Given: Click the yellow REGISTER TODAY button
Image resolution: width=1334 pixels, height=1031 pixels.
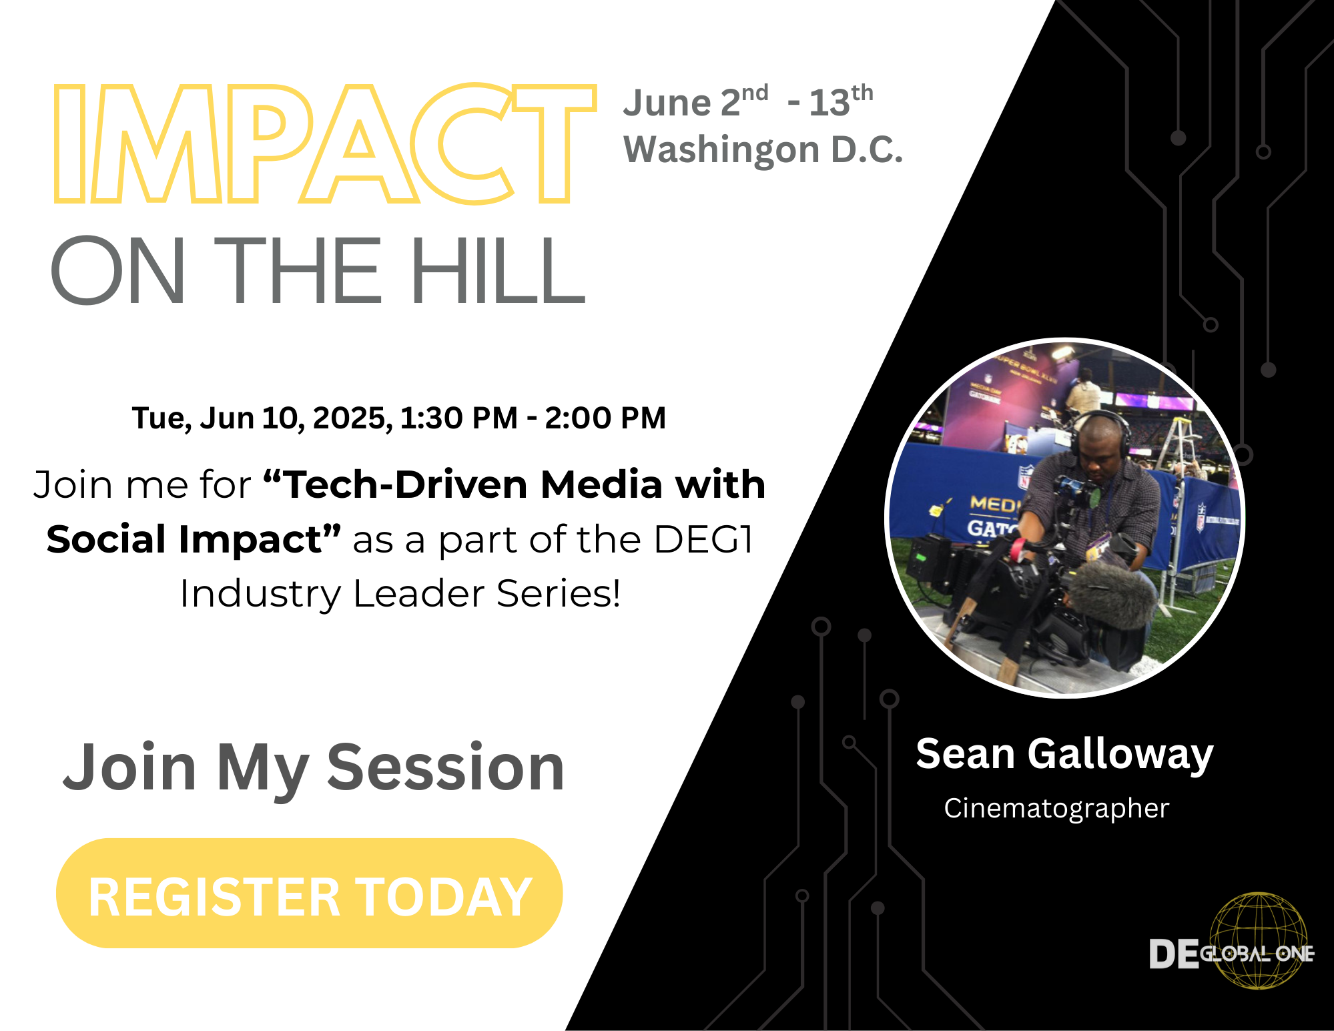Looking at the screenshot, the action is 309,893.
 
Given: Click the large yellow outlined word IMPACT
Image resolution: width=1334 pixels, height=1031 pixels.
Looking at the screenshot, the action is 325,143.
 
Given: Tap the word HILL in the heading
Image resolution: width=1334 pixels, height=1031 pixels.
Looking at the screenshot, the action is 498,270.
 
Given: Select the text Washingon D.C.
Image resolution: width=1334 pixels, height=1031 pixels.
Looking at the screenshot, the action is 763,150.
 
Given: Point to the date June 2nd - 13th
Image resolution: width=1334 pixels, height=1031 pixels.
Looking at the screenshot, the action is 748,101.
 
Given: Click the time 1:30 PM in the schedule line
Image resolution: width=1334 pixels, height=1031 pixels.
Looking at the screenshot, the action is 458,418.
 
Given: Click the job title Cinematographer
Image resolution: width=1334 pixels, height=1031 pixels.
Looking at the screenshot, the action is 1056,809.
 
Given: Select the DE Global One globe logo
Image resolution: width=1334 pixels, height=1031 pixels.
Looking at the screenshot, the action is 1231,942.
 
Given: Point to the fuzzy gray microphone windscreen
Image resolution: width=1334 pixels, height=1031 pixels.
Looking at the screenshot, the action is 1111,593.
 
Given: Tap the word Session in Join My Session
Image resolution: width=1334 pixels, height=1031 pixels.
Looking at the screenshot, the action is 446,767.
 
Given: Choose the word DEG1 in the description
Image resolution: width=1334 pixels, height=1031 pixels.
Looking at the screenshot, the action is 703,539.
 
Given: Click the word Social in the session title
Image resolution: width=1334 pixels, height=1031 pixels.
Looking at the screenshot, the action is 106,539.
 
